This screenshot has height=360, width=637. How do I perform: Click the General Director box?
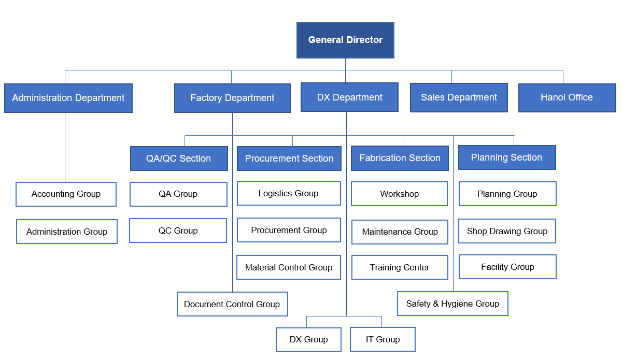pyautogui.click(x=345, y=40)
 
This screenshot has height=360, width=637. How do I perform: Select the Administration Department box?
pyautogui.click(x=68, y=98)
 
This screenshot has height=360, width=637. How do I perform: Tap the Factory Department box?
pyautogui.click(x=232, y=98)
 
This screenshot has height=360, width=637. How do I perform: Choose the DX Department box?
pyautogui.click(x=349, y=97)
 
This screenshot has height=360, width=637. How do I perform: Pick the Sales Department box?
pyautogui.click(x=459, y=97)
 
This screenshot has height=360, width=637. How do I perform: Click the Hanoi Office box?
pyautogui.click(x=567, y=97)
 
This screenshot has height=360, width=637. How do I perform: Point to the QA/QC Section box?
pyautogui.click(x=179, y=159)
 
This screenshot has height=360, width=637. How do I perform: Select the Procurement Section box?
pyautogui.click(x=289, y=159)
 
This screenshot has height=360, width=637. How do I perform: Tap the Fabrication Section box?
pyautogui.click(x=400, y=158)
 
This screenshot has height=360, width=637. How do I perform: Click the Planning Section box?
pyautogui.click(x=507, y=157)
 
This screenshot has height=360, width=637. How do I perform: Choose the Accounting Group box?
pyautogui.click(x=66, y=194)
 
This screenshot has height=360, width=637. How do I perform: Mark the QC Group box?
pyautogui.click(x=178, y=231)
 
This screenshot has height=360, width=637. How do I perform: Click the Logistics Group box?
pyautogui.click(x=289, y=193)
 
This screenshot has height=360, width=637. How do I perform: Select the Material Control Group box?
pyautogui.click(x=289, y=268)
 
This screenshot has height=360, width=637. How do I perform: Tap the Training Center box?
pyautogui.click(x=400, y=268)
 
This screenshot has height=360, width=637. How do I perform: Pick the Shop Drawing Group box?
pyautogui.click(x=507, y=231)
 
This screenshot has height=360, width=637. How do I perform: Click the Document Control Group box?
pyautogui.click(x=232, y=304)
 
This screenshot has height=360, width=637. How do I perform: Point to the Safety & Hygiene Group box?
pyautogui.click(x=452, y=304)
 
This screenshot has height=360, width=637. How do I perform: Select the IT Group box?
pyautogui.click(x=383, y=339)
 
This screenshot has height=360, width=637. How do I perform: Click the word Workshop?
pyautogui.click(x=399, y=194)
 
